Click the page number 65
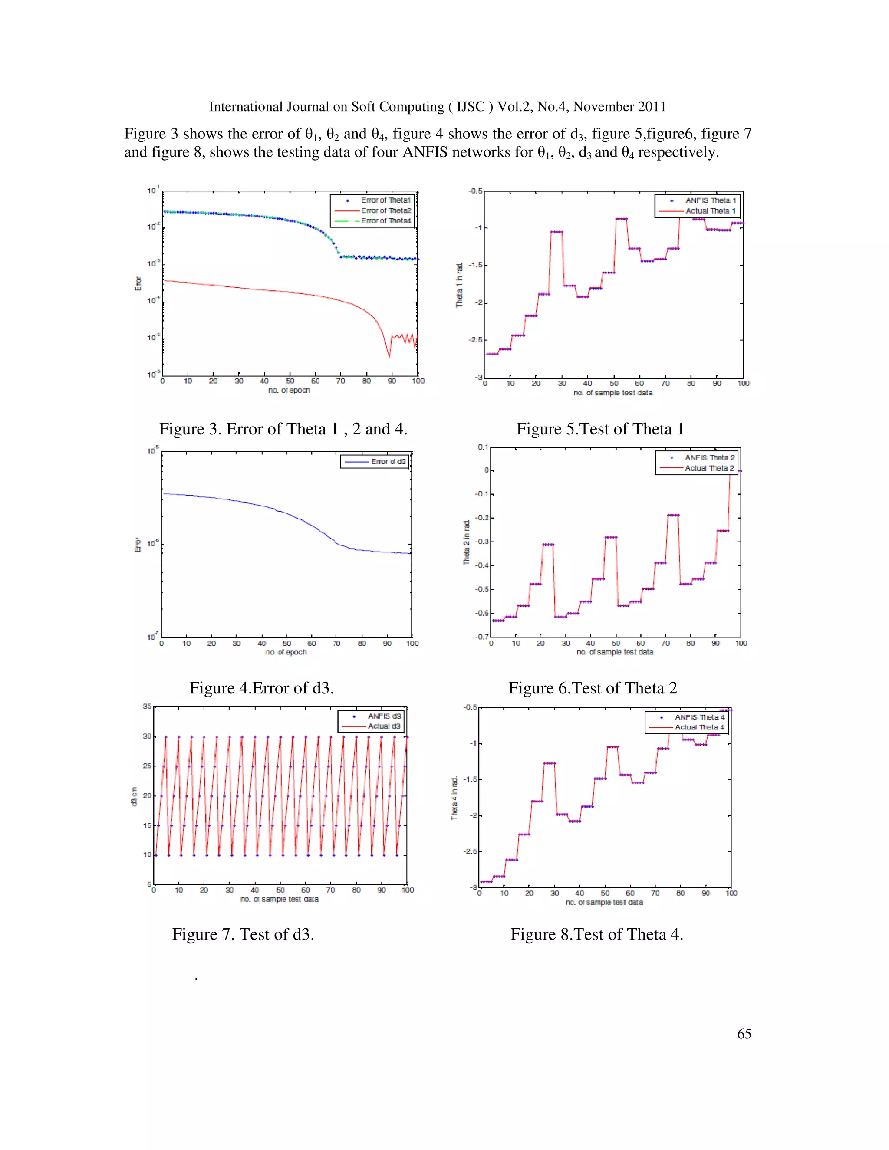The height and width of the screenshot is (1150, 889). point(744,1034)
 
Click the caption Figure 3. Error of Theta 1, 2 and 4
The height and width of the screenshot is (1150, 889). point(283,429)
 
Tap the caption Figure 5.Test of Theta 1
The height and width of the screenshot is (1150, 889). point(600,429)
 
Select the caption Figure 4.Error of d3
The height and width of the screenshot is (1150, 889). point(261,688)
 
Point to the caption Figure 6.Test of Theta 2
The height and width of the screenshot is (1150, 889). point(593,688)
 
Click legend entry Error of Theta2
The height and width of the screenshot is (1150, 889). point(385,210)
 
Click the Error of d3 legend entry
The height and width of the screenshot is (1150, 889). point(388,462)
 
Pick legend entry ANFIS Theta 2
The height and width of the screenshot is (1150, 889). point(709,457)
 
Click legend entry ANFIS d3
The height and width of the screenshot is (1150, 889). point(384,716)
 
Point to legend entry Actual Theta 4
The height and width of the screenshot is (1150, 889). point(699,727)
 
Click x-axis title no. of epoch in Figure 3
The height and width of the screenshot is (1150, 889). point(289,390)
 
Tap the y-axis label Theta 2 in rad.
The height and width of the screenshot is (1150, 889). point(467,542)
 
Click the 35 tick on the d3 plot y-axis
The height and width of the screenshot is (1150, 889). point(147,706)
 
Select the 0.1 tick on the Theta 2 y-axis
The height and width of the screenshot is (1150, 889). point(483,447)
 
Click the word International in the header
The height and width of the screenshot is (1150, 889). point(246,107)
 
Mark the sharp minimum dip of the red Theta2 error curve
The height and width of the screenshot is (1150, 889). point(389,356)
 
